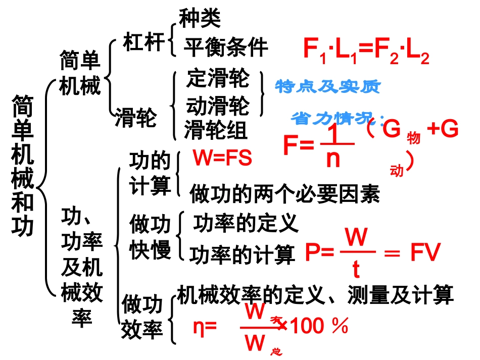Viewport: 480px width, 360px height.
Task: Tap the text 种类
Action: coord(200,19)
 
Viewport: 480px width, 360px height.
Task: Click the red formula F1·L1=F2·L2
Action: coord(366,51)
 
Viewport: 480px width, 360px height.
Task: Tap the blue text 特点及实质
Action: coord(327,87)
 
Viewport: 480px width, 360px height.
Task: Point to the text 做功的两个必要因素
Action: coord(284,193)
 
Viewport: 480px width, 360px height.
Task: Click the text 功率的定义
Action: coord(246,223)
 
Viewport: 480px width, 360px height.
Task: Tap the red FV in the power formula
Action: coord(425,253)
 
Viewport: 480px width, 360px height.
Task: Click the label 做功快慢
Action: coord(150,236)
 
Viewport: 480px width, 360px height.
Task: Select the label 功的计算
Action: coord(150,173)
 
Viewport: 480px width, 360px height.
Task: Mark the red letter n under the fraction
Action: coord(333,159)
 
